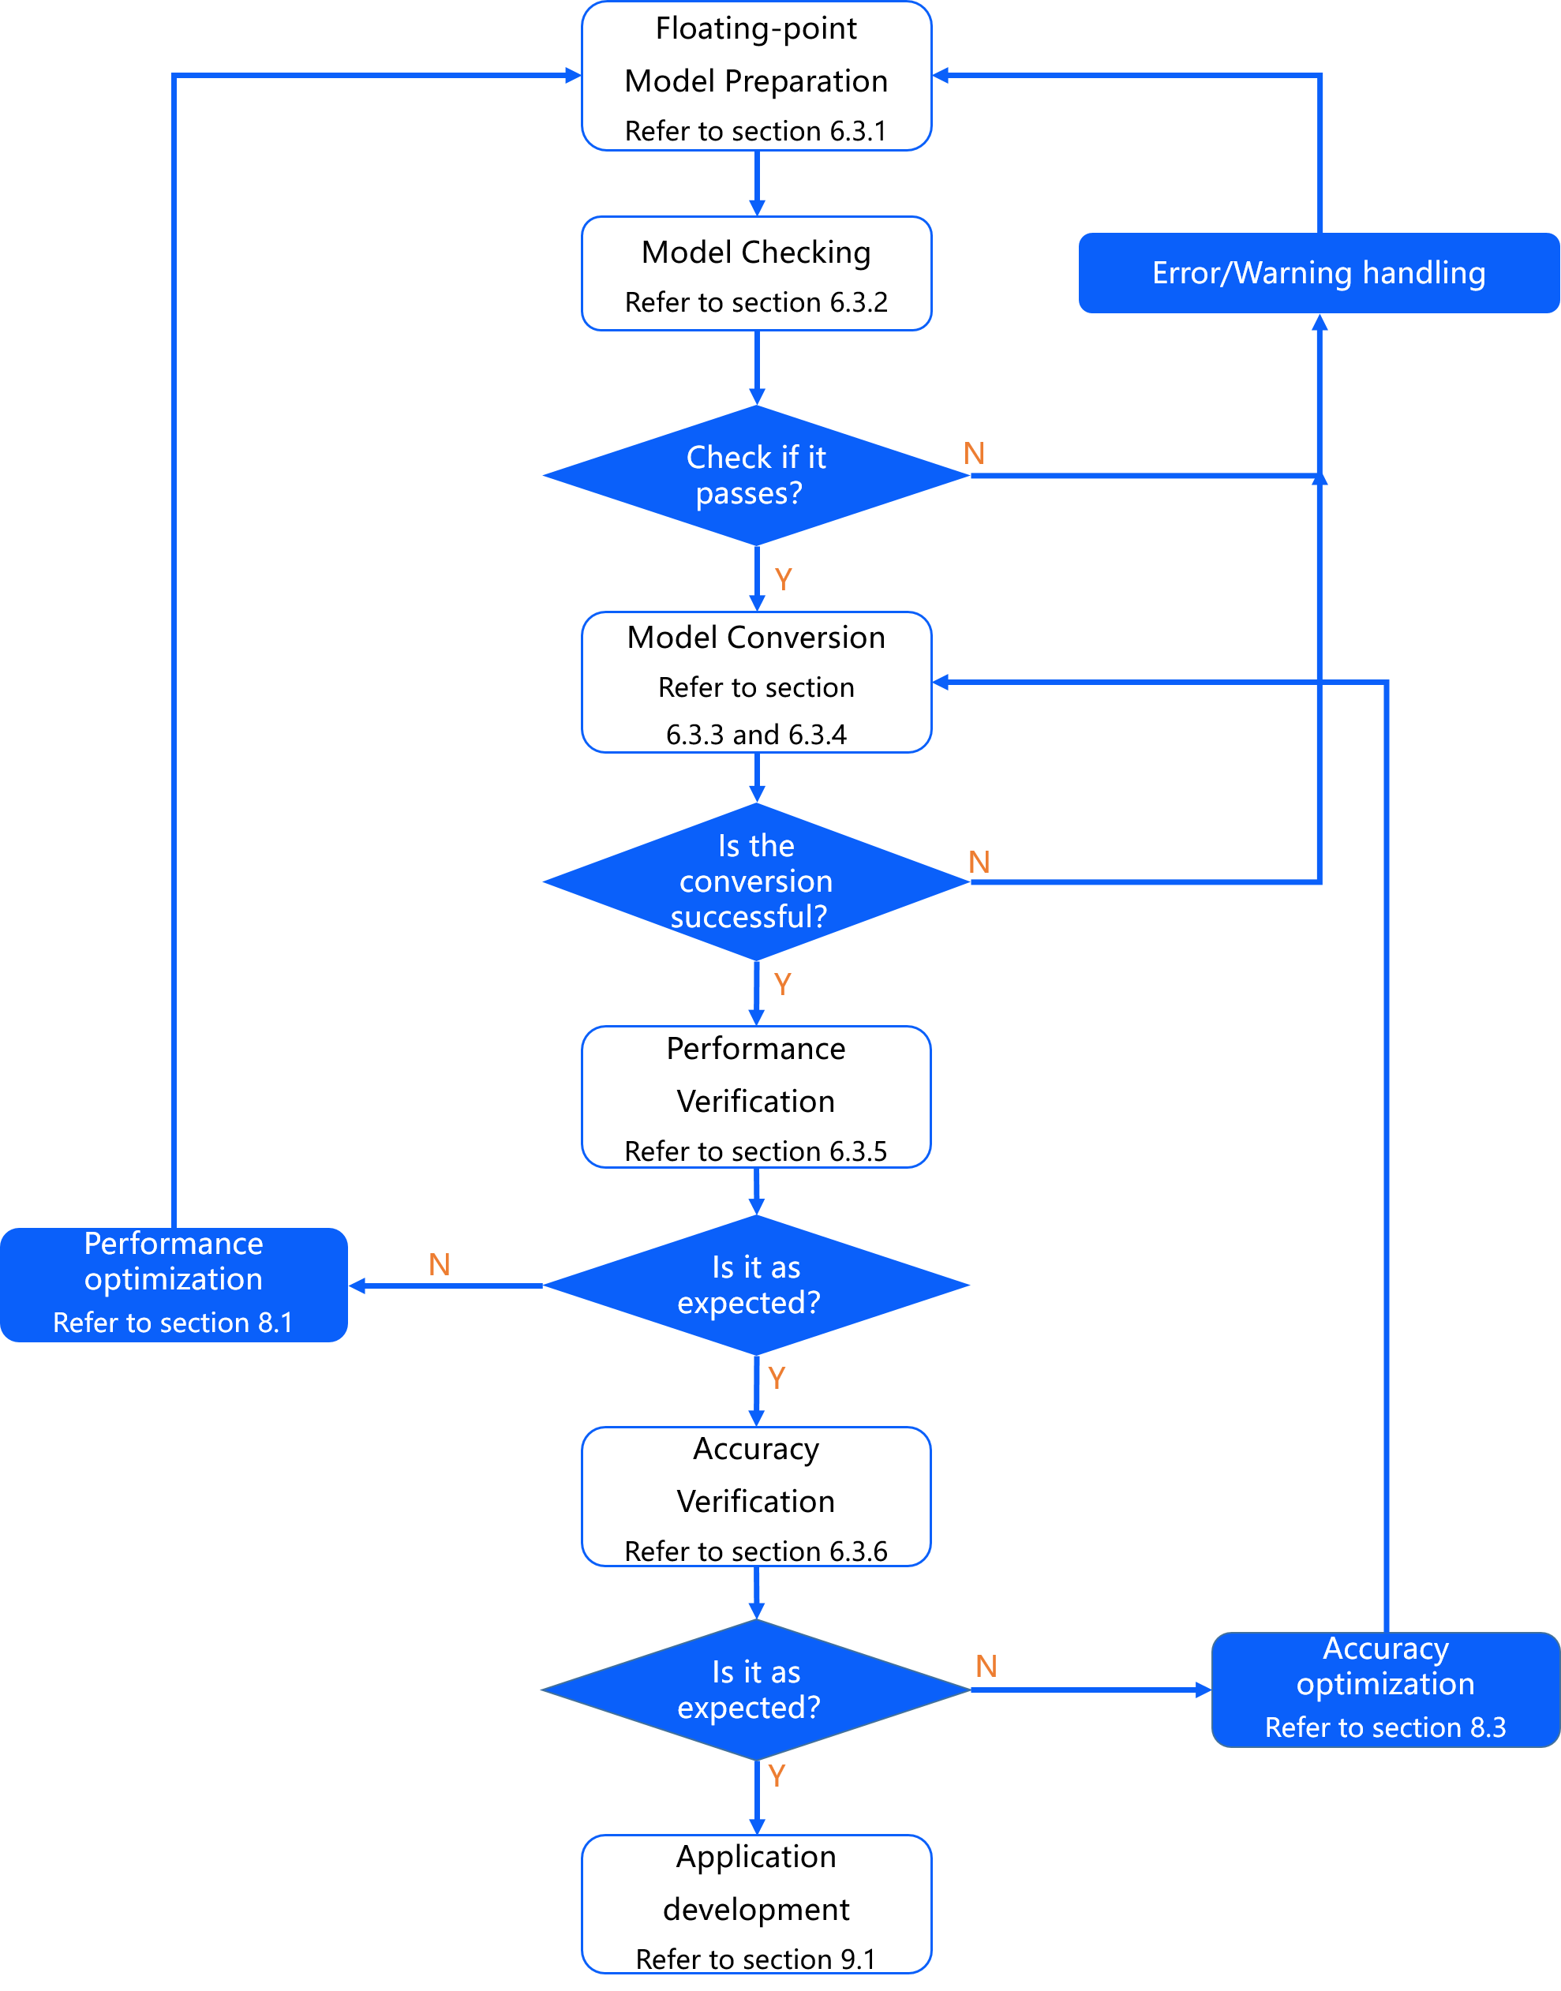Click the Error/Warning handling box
coord(1318,273)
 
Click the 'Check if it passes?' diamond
coord(756,475)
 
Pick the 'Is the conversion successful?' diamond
coord(756,881)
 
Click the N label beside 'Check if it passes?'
coord(975,453)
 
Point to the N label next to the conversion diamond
coord(979,862)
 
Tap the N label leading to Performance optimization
coord(440,1264)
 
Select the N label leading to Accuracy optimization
coord(986,1666)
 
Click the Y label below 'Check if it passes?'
coord(783,578)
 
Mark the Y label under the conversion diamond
coord(782,984)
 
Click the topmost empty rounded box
coord(756,76)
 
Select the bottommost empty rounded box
coord(756,1903)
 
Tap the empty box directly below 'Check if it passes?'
coord(756,682)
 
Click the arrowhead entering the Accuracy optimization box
coord(1204,1690)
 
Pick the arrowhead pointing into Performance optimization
coord(357,1286)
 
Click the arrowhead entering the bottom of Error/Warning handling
coord(1319,322)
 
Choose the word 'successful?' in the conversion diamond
coord(748,916)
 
